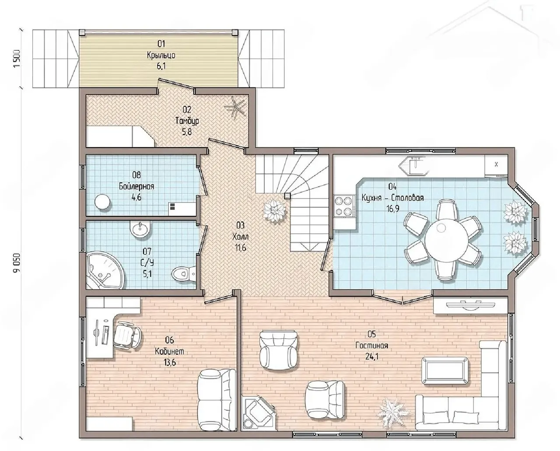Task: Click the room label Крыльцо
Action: click(161, 55)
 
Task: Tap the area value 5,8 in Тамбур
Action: click(187, 132)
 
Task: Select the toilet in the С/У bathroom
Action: click(183, 274)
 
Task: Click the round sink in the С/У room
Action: click(140, 230)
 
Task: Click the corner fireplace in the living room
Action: click(258, 413)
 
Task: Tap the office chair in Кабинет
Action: click(127, 335)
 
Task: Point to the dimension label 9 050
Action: click(17, 262)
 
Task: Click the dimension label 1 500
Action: click(17, 58)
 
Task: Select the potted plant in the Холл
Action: click(275, 210)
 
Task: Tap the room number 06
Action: click(169, 340)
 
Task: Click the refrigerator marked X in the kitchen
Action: click(496, 165)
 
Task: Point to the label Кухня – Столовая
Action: click(392, 198)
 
